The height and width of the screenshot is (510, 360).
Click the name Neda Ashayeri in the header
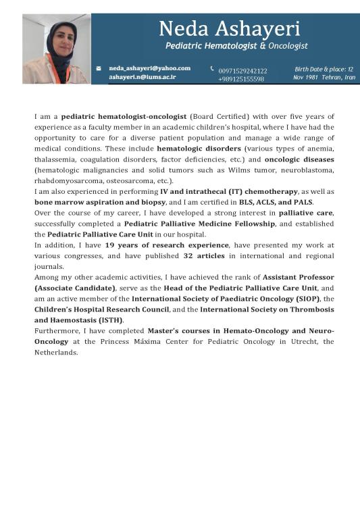(230, 28)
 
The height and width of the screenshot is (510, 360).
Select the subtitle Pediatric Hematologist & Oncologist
(236, 46)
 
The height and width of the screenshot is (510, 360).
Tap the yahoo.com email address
(150, 68)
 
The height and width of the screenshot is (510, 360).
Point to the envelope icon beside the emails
(99, 68)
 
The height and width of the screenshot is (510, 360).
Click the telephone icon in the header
(212, 68)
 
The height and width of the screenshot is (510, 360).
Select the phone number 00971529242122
(242, 70)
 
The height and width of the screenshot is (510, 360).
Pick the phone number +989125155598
(241, 80)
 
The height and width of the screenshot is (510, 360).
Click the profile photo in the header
(56, 49)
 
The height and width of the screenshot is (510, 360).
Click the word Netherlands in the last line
(56, 352)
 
